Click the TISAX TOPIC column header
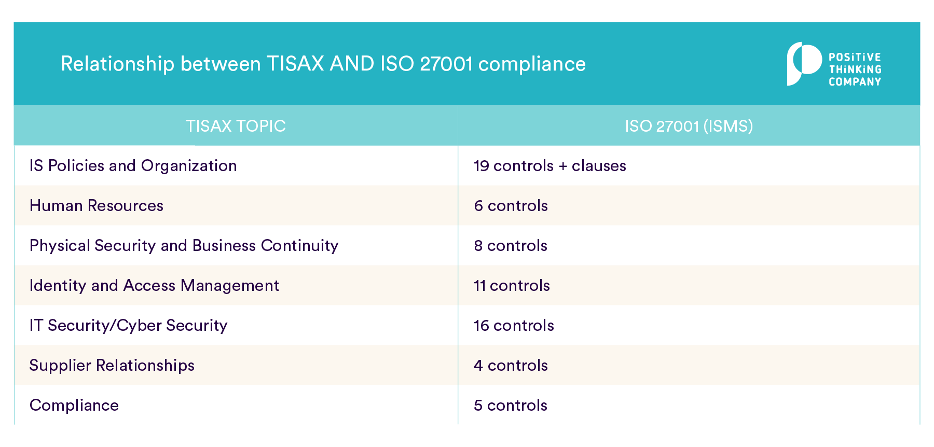click(x=236, y=126)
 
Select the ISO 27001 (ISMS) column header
click(x=689, y=126)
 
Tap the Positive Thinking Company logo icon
click(x=803, y=64)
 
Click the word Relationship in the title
click(x=117, y=64)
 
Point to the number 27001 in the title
click(x=446, y=64)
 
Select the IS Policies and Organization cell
click(x=133, y=166)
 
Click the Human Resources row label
click(x=97, y=206)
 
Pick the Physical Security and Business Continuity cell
click(x=184, y=246)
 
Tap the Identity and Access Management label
click(x=154, y=286)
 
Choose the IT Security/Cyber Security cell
click(x=128, y=326)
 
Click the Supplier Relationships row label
click(x=112, y=366)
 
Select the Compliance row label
click(x=74, y=406)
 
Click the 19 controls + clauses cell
click(x=550, y=166)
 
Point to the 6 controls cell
click(x=511, y=206)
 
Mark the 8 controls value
click(x=511, y=246)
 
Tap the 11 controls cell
click(x=512, y=286)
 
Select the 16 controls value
click(x=514, y=326)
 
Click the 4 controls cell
click(x=511, y=366)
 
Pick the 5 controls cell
click(x=511, y=406)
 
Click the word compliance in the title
click(x=532, y=64)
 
